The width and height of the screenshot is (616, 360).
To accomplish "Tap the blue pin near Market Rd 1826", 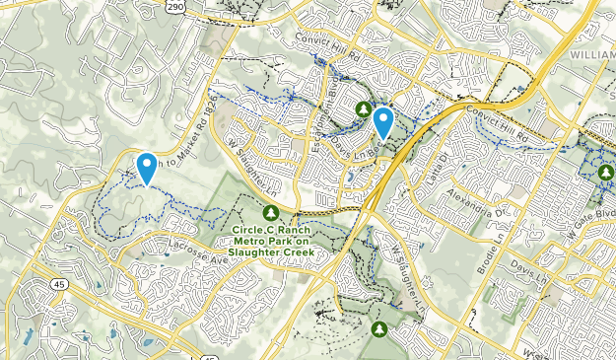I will tap(146, 168).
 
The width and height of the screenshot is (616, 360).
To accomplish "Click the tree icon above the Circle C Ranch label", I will tap(271, 212).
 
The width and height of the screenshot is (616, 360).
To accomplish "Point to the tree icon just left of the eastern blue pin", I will tap(364, 108).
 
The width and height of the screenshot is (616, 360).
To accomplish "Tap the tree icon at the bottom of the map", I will tap(379, 328).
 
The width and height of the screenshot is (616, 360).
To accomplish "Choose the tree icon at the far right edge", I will tap(604, 174).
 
